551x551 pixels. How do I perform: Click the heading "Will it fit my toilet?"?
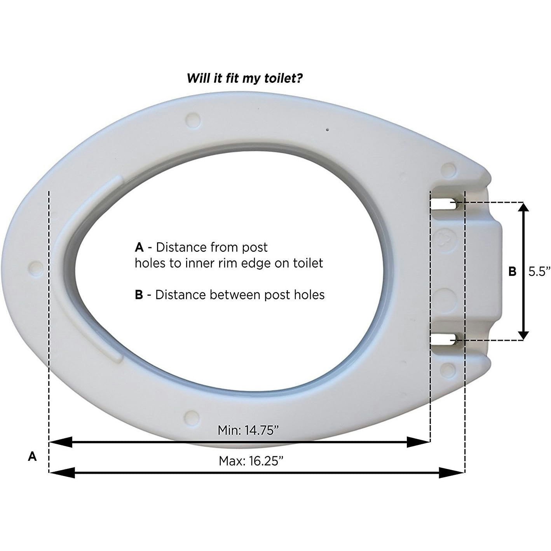[x=245, y=78]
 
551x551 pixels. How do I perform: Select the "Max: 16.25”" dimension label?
[x=251, y=461]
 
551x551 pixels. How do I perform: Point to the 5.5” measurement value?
[x=539, y=271]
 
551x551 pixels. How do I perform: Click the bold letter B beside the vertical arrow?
[x=513, y=271]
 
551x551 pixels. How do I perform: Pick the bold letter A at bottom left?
[x=32, y=456]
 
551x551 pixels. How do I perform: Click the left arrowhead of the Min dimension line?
[x=60, y=442]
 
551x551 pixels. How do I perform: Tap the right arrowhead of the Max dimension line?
[x=453, y=473]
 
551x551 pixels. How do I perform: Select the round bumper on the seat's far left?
[x=36, y=267]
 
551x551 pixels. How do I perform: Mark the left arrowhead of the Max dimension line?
[x=61, y=473]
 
